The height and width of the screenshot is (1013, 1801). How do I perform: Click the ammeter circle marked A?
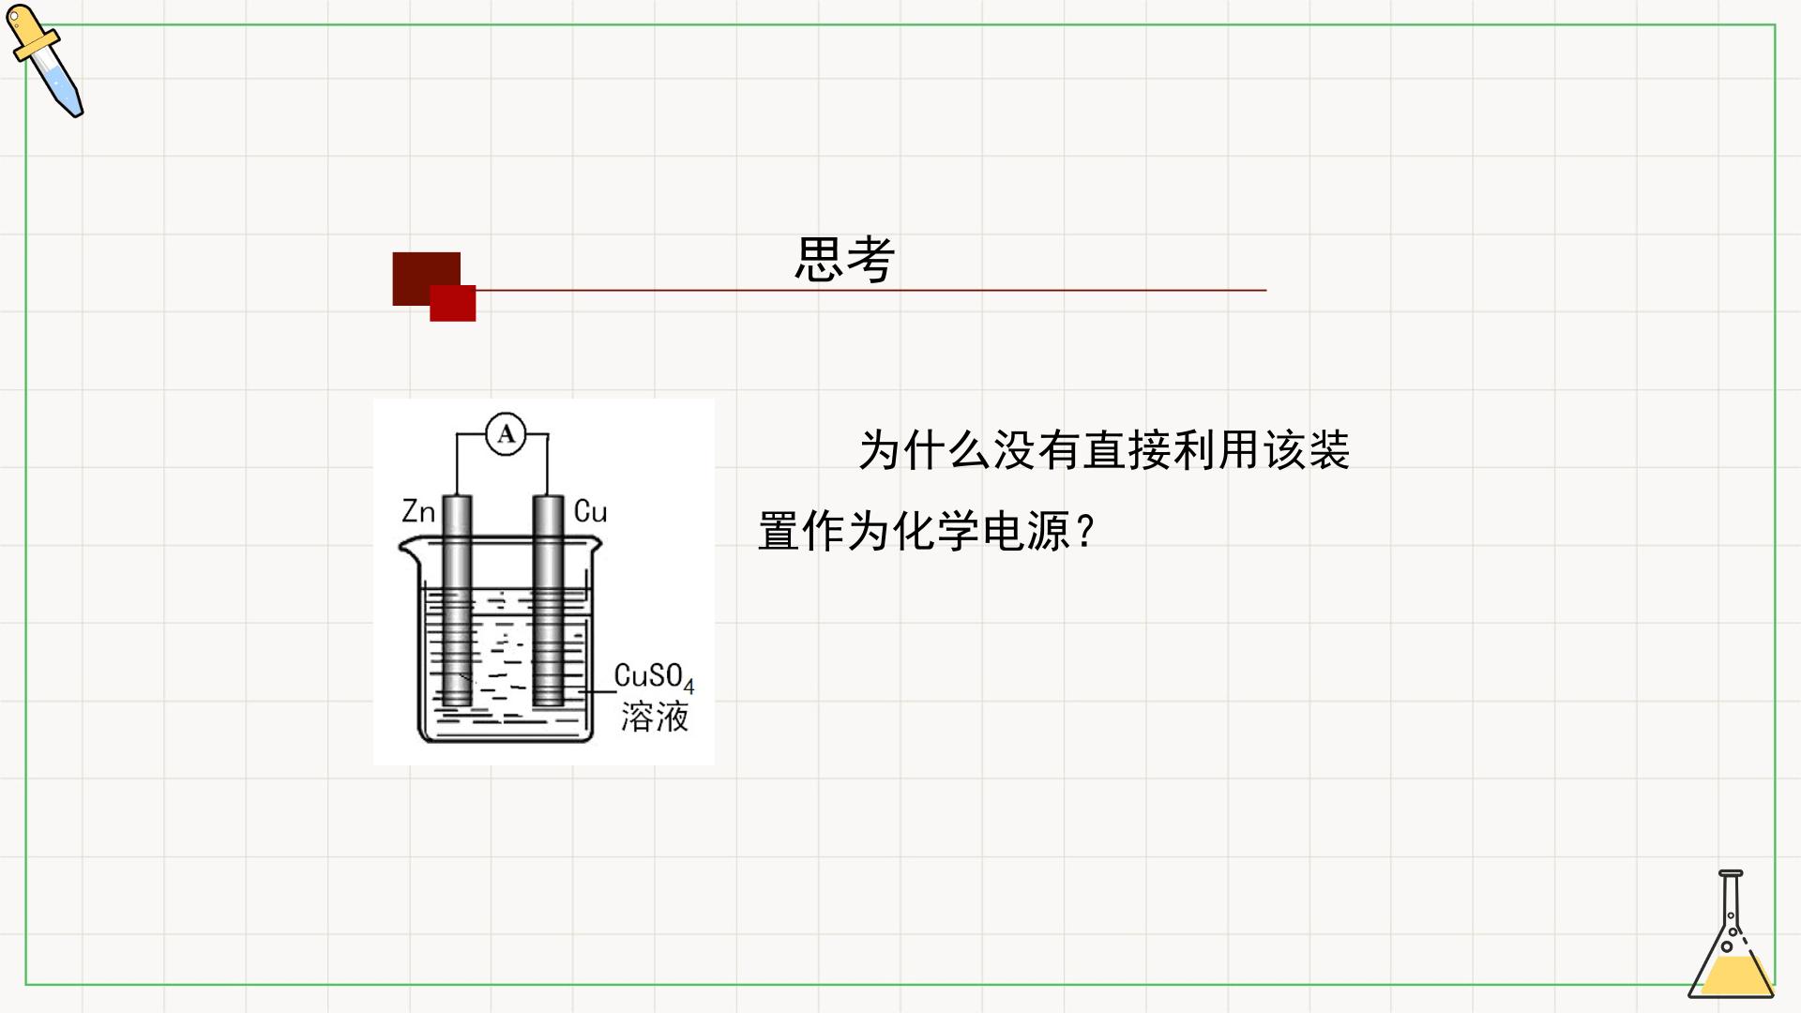pyautogui.click(x=506, y=434)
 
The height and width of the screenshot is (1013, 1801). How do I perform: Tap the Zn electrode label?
pyautogui.click(x=418, y=511)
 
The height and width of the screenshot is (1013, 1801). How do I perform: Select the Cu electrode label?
pyautogui.click(x=590, y=511)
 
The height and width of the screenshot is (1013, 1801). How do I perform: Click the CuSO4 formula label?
pyautogui.click(x=655, y=676)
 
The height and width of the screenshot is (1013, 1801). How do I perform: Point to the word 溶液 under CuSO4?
pyautogui.click(x=655, y=717)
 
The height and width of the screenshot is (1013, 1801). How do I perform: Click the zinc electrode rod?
pyautogui.click(x=457, y=600)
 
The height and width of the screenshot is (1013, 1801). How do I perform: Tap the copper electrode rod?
pyautogui.click(x=548, y=600)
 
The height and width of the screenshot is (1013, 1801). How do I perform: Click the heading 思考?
pyautogui.click(x=844, y=259)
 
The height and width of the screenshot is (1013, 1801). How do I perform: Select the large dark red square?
pyautogui.click(x=426, y=278)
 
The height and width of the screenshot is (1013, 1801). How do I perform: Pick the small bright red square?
pyautogui.click(x=453, y=303)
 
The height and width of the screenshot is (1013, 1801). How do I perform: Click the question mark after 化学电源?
pyautogui.click(x=1086, y=532)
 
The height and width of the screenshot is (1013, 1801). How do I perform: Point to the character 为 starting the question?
pyautogui.click(x=880, y=450)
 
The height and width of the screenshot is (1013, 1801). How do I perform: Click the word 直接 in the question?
pyautogui.click(x=1128, y=450)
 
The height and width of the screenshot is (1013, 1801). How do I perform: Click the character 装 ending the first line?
pyautogui.click(x=1328, y=450)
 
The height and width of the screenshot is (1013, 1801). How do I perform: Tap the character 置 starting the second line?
pyautogui.click(x=779, y=532)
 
